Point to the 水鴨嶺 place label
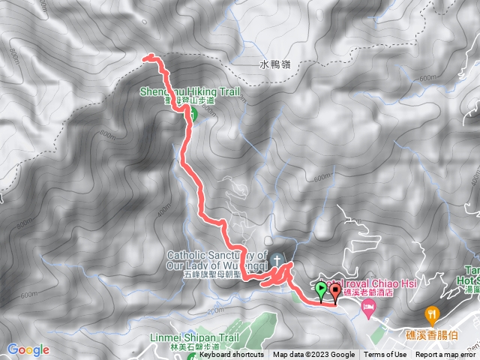pos(275,64)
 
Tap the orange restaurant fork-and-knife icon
pos(432,313)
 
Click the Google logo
pos(28,349)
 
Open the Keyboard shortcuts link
pos(232,355)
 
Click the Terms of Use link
pos(385,355)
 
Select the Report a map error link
pos(445,355)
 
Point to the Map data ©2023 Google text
pos(313,355)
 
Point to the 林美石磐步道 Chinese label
pos(190,347)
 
